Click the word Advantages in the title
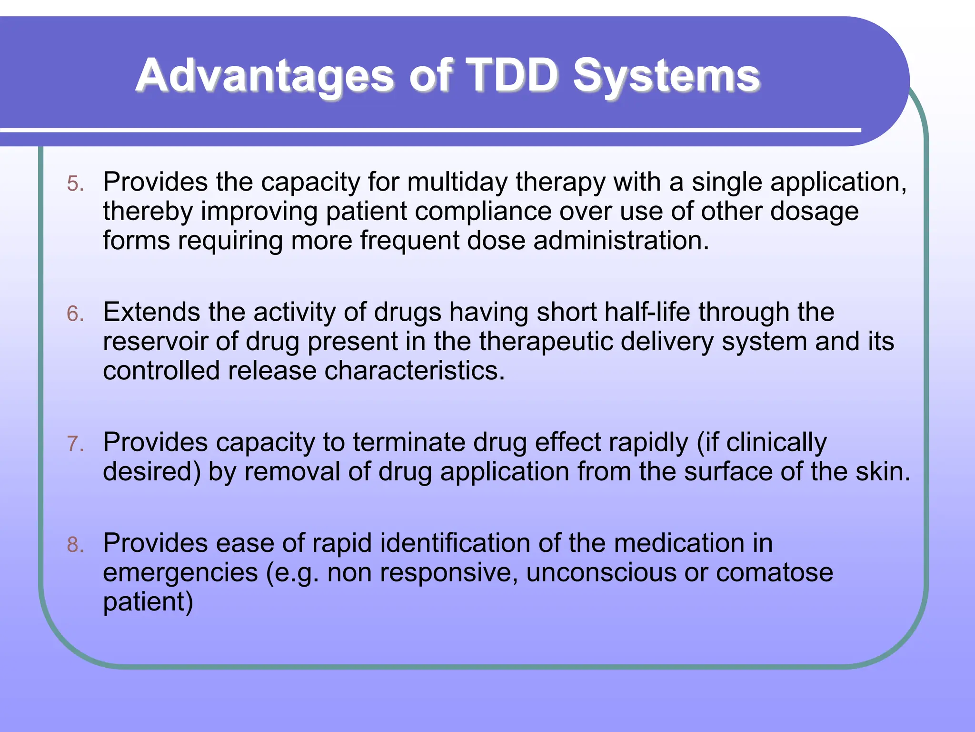pyautogui.click(x=265, y=76)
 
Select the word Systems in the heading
pyautogui.click(x=667, y=76)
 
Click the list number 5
pyautogui.click(x=75, y=184)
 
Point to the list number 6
pyautogui.click(x=75, y=314)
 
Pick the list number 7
pyautogui.click(x=75, y=444)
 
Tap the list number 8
pyautogui.click(x=75, y=545)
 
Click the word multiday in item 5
pyautogui.click(x=457, y=183)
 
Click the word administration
pyautogui.click(x=621, y=241)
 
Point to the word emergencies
pyautogui.click(x=180, y=573)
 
